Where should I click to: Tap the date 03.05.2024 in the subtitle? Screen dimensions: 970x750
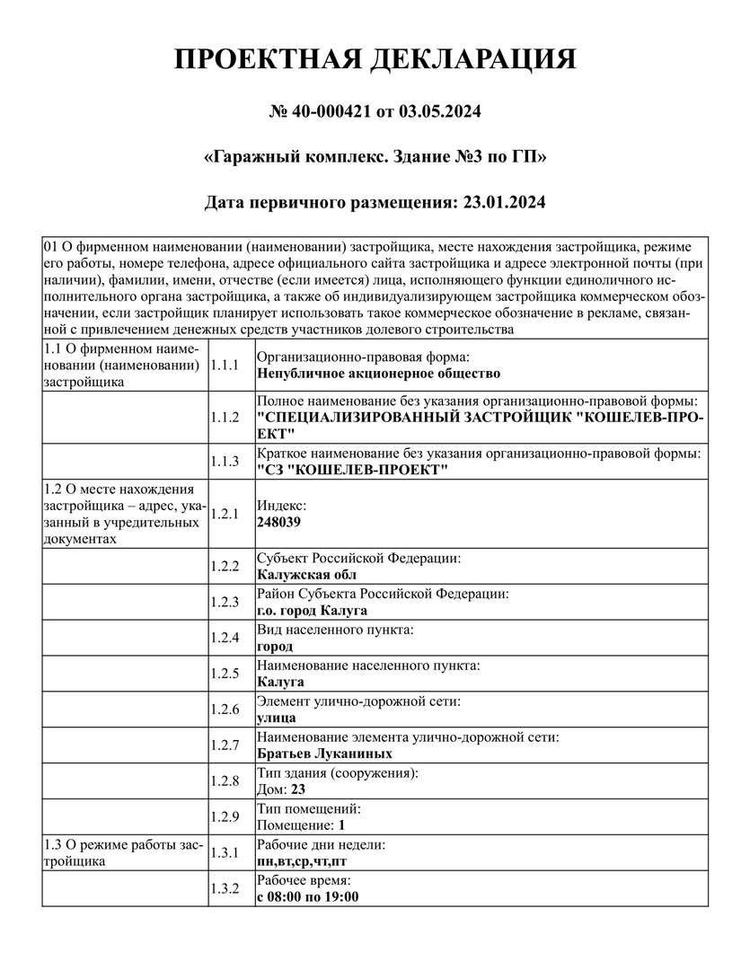[x=439, y=112]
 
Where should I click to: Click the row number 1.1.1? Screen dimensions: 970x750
[x=224, y=365]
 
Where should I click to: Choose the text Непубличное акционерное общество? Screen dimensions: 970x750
[x=378, y=373]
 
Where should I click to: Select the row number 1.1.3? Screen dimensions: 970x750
[x=224, y=461]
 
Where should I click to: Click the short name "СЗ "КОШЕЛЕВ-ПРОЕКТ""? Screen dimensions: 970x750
[x=352, y=470]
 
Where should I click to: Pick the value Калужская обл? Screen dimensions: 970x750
[x=306, y=575]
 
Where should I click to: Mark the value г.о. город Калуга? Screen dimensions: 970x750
[x=312, y=611]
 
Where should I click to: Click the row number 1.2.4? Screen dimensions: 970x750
[x=224, y=638]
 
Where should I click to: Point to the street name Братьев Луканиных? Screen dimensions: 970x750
[x=324, y=754]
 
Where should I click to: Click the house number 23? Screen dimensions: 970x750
[x=298, y=789]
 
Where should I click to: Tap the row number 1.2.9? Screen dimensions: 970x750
[x=224, y=816]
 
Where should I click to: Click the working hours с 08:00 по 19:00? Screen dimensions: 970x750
[x=308, y=897]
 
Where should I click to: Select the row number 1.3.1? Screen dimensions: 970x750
[x=224, y=852]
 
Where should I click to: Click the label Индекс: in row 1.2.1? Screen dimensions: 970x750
[x=282, y=506]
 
